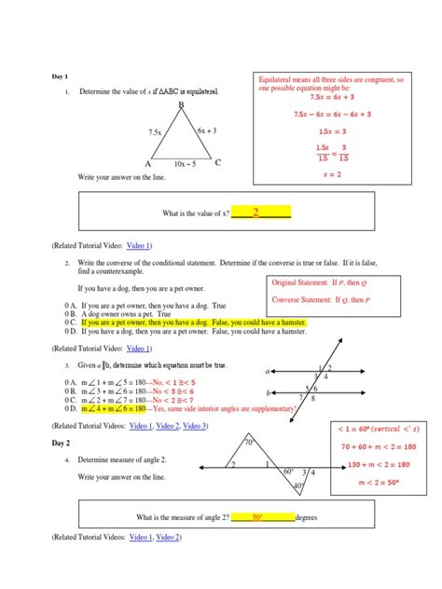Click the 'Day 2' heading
61,444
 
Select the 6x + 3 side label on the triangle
208,131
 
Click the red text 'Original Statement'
303,282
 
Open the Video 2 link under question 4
168,538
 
